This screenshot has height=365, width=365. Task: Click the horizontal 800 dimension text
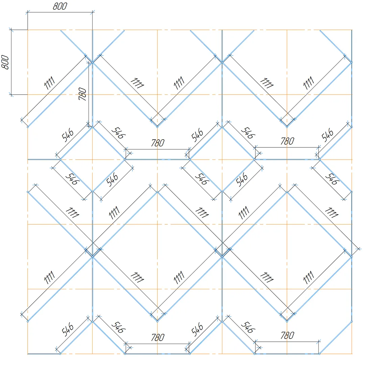60,6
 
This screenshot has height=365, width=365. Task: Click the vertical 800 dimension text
5,62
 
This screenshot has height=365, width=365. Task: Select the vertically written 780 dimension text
82,94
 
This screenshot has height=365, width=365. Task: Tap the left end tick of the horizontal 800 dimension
27,13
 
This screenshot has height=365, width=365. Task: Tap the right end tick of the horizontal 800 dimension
92,13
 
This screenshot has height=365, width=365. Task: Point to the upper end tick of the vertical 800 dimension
11,30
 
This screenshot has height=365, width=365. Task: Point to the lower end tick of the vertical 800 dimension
11,95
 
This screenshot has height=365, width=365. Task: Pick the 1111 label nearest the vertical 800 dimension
49,82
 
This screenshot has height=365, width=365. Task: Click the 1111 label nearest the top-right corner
308,82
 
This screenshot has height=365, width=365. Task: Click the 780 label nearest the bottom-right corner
287,336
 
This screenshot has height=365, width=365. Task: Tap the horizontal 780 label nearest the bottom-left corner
157,337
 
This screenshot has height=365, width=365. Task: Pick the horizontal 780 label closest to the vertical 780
157,143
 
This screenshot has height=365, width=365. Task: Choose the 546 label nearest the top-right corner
327,135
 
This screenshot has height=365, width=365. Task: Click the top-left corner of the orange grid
27,30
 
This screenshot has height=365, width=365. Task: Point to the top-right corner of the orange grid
352,30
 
